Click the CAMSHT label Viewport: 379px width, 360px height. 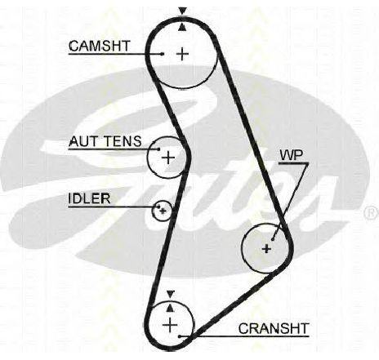[x=100, y=46]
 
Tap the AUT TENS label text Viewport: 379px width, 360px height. [x=105, y=141]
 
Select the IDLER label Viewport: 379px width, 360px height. [x=89, y=198]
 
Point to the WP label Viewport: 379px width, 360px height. [x=292, y=155]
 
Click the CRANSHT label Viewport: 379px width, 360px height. [x=274, y=328]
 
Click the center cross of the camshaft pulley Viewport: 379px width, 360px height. [x=182, y=54]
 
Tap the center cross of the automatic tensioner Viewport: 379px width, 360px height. [x=168, y=158]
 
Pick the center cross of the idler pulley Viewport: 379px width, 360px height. [x=163, y=211]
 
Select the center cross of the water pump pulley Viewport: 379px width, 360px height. [x=266, y=248]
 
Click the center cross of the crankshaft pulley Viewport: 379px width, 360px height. [x=170, y=325]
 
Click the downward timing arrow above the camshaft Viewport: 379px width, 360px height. [x=182, y=11]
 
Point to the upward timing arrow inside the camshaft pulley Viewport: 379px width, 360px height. [x=182, y=27]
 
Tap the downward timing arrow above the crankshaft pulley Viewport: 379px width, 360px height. [x=171, y=294]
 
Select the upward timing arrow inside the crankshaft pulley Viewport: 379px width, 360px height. [x=170, y=307]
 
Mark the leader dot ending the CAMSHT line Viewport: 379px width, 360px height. [x=163, y=54]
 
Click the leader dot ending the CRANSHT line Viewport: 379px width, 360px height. [x=180, y=336]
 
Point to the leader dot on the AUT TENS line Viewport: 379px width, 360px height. [x=158, y=149]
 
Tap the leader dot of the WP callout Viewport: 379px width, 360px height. [x=273, y=239]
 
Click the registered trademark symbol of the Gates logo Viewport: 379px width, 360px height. [x=372, y=212]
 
